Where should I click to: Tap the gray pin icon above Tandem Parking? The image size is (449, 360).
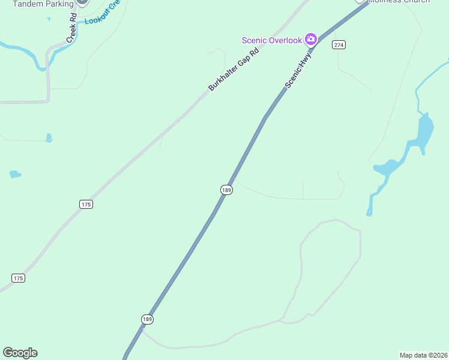click(83, 2)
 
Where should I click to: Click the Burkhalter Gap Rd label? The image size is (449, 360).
click(234, 70)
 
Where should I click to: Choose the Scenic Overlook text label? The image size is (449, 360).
click(272, 40)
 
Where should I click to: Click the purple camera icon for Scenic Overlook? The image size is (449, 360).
click(311, 40)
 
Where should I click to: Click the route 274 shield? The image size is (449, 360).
click(339, 45)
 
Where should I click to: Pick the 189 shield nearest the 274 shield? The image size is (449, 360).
click(226, 190)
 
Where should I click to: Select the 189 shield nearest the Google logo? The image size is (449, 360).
click(147, 319)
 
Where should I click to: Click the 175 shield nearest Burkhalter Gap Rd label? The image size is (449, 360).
click(86, 205)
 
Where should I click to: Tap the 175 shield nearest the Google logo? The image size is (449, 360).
click(18, 278)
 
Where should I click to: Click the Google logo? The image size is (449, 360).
click(20, 353)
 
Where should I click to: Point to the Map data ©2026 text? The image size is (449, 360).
click(424, 355)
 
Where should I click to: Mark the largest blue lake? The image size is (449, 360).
click(423, 131)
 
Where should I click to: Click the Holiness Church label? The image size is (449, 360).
click(399, 2)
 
